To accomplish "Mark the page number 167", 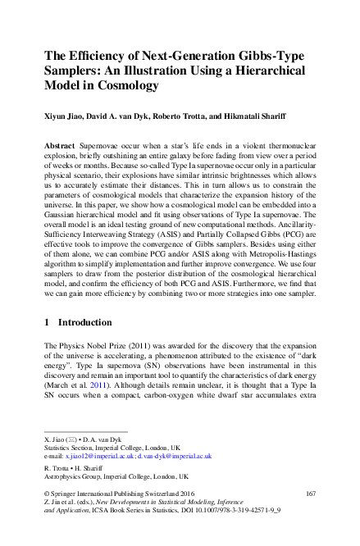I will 310,494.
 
